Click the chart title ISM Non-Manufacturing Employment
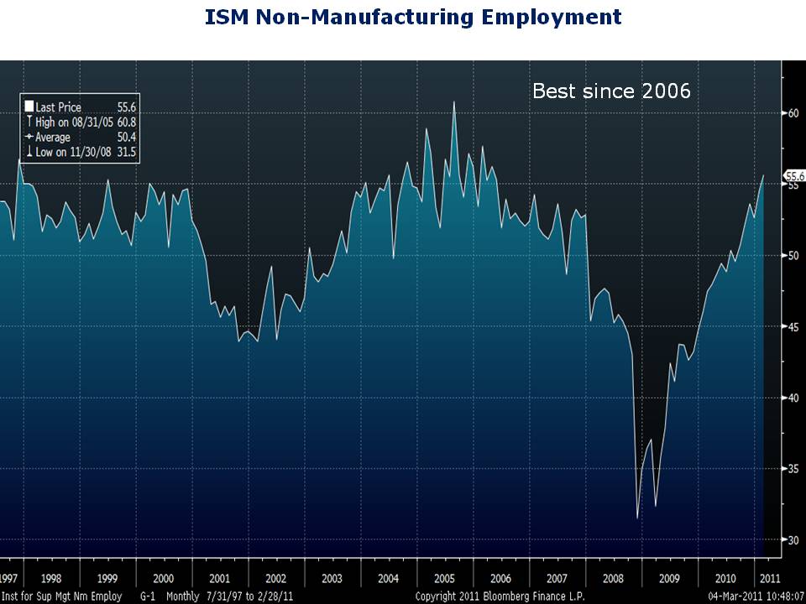coord(413,17)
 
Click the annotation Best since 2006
coord(611,91)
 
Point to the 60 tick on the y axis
coord(792,113)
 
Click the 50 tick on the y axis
coord(792,256)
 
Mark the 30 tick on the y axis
coord(792,540)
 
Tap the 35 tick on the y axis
coord(792,469)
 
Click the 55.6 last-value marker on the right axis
coord(794,176)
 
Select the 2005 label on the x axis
coord(445,579)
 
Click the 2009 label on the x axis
coord(670,579)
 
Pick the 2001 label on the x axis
coord(219,579)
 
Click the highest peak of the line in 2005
coord(454,102)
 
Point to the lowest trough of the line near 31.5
coord(638,518)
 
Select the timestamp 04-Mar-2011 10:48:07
coord(756,596)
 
